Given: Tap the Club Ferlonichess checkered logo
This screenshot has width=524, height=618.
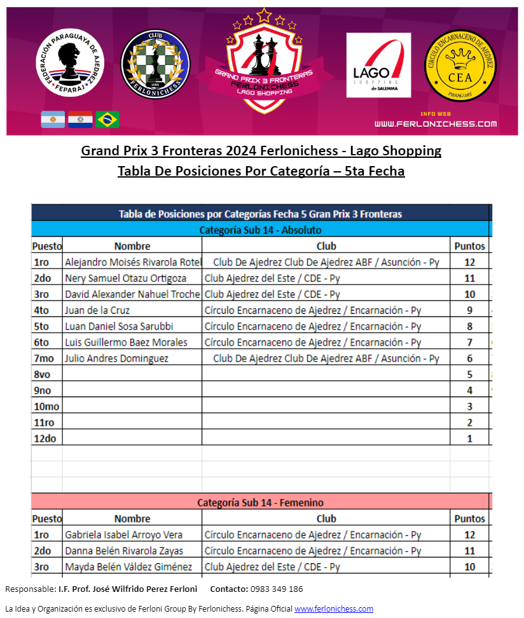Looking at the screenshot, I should click(x=155, y=66).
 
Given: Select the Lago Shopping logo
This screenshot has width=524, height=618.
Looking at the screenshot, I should click(x=378, y=66).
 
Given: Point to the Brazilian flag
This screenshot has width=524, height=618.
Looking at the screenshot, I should click(x=107, y=119).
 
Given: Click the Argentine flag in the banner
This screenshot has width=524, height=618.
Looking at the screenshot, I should click(x=53, y=119).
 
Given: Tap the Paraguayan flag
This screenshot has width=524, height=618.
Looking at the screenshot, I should click(x=80, y=119).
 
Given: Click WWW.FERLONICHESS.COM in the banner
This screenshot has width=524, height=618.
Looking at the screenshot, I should click(x=436, y=123).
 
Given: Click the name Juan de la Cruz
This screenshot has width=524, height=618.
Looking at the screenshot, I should click(x=97, y=310).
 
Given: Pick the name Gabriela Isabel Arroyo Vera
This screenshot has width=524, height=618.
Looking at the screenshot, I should click(x=123, y=535).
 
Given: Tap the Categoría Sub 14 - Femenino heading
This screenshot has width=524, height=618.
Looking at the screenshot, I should click(x=260, y=503).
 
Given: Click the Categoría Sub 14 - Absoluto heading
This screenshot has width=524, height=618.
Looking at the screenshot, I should click(x=260, y=230).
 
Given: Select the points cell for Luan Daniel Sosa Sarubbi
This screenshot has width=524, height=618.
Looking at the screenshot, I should click(x=469, y=326).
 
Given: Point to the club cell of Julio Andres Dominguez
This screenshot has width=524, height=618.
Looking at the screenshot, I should click(x=326, y=358).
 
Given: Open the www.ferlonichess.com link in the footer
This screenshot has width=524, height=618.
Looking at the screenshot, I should click(x=333, y=608).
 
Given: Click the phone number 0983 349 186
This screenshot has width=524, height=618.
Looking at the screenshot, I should click(x=277, y=589).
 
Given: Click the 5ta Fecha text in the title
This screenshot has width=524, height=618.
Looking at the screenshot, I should click(x=375, y=171).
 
